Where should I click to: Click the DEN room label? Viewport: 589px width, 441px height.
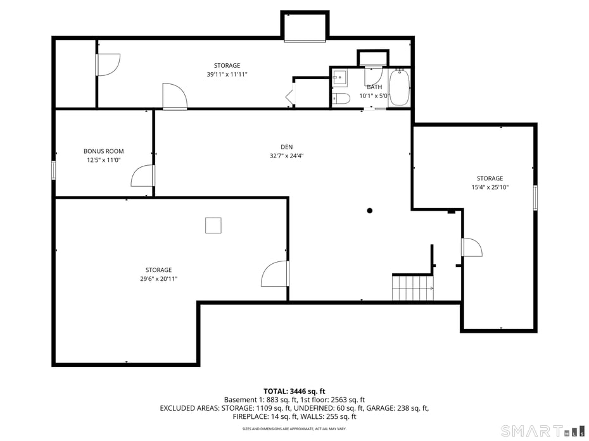point(286,147)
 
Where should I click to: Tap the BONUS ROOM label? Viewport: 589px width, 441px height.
point(103,151)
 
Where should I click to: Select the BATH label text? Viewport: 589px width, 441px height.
point(374,87)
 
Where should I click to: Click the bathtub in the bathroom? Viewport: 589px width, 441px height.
point(399,89)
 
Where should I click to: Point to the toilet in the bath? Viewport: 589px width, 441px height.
point(341,98)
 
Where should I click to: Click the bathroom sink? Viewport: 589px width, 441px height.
point(339,78)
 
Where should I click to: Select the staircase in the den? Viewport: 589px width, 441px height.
point(412,287)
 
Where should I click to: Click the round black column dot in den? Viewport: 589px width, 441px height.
point(370,211)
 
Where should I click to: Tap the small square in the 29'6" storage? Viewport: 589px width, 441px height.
point(213,225)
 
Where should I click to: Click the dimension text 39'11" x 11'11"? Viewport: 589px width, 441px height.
point(227,74)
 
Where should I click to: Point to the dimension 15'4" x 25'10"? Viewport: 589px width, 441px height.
point(490,187)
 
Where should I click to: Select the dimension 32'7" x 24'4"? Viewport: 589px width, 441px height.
point(286,156)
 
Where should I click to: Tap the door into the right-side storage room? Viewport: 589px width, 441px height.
point(471,247)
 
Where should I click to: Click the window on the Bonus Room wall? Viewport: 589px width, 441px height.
point(54,170)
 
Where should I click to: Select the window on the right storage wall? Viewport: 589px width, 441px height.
point(535,197)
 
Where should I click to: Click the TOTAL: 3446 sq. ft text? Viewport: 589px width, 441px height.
point(294,391)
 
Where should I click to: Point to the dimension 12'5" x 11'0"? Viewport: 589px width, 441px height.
point(103,160)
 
